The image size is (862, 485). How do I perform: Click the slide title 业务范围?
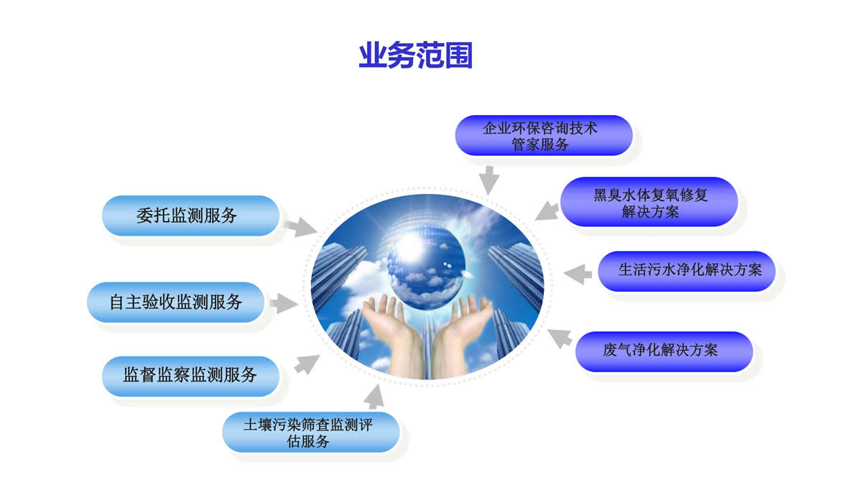416,55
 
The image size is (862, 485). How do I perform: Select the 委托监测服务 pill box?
190,216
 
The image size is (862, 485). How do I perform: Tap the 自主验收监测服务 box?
175,302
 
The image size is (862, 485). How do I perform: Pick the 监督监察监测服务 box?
190,376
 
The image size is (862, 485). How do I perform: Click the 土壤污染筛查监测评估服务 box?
311,432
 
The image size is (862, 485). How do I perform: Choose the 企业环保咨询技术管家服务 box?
544,136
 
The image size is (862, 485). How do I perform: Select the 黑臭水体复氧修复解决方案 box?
649,202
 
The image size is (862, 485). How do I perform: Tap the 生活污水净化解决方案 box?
687,271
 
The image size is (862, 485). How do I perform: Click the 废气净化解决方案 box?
664,351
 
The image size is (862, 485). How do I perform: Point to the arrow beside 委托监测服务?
301,227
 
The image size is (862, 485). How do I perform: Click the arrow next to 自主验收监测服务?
284,303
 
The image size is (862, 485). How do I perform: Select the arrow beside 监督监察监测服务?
307,364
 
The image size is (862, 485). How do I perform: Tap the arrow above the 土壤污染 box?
374,397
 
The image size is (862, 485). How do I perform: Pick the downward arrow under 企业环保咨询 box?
489,180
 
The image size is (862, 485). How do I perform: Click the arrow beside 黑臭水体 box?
547,211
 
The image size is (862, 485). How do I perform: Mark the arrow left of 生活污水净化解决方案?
578,274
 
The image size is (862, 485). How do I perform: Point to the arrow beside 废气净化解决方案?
560,338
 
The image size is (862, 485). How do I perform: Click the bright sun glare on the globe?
409,246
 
